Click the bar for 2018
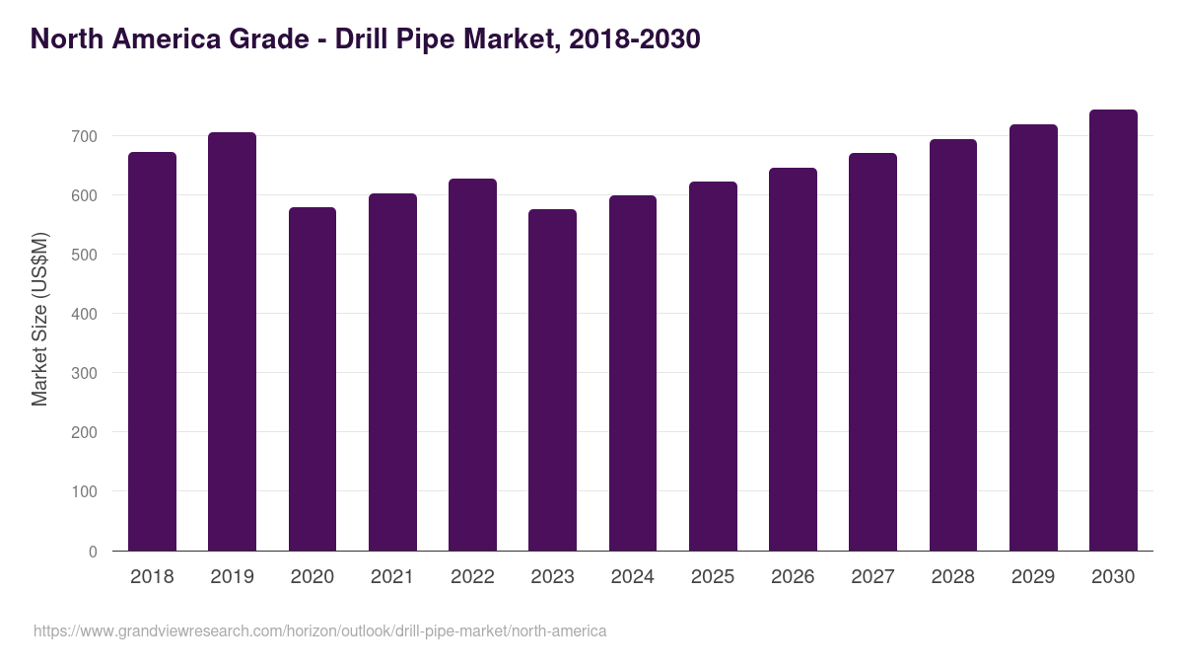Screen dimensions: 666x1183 pos(152,351)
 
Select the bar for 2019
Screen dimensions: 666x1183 pos(232,341)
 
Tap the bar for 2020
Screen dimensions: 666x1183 pos(313,379)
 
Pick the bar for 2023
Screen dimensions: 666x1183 pos(552,380)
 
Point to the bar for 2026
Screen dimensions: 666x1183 pos(793,359)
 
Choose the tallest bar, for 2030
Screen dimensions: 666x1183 pos(1113,331)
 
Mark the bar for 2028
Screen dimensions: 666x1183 pos(953,345)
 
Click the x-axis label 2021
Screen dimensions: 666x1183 pos(391,577)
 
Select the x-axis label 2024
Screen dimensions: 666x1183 pos(632,577)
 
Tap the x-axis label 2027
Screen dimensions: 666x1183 pos(872,577)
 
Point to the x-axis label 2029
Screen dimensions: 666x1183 pos(1033,577)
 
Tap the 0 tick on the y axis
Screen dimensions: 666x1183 pos(94,552)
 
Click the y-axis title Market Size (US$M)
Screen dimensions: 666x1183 pos(39,319)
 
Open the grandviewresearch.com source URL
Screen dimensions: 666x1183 pos(319,630)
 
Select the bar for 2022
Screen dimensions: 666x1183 pos(472,365)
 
